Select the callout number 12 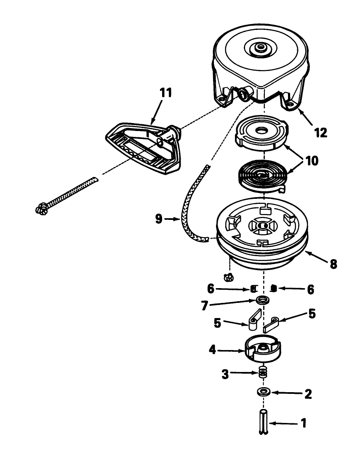[321, 132]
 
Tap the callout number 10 [312, 160]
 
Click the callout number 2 [308, 394]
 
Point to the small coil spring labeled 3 [263, 372]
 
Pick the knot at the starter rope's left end [42, 208]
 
